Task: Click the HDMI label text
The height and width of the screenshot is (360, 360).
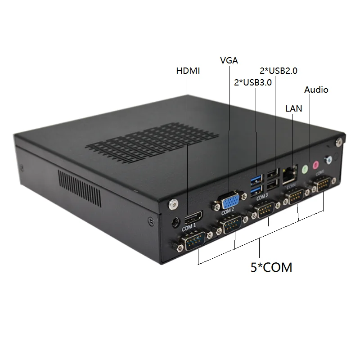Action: point(188,71)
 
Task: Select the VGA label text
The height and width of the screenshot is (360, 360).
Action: point(229,60)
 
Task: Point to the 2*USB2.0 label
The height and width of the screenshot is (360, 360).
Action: point(279,70)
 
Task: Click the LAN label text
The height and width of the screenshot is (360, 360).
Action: point(294,108)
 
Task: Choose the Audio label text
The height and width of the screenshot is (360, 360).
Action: point(316,90)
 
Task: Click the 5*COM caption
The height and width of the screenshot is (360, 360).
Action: point(271,267)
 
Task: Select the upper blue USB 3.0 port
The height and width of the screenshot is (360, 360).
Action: point(256,180)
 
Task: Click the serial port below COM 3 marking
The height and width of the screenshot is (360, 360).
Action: point(265,210)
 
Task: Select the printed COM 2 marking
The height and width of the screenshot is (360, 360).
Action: point(227,211)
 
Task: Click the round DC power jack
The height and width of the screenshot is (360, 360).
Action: point(176,221)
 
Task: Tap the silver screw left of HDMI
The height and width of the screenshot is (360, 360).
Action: point(171,204)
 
